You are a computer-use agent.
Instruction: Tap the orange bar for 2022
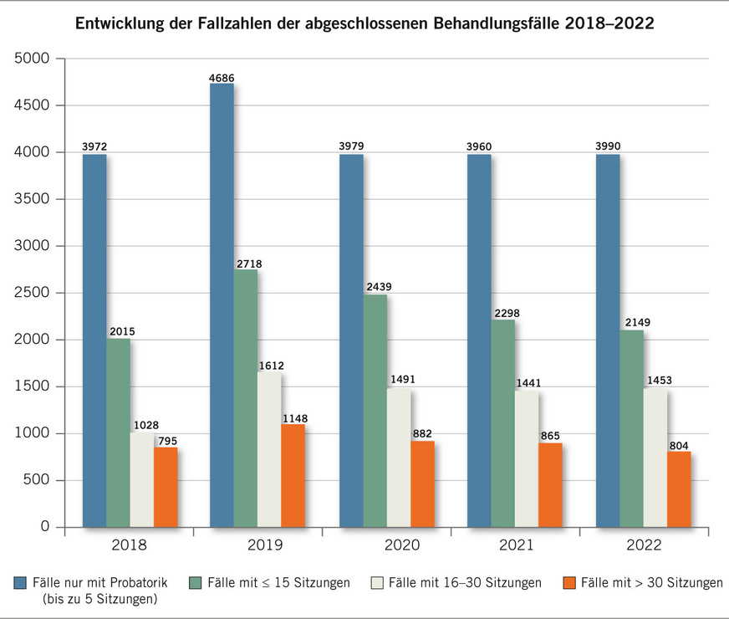(x=679, y=489)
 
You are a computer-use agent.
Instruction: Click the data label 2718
(x=249, y=263)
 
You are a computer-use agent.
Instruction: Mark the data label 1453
(x=658, y=381)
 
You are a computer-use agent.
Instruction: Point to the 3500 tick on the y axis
(x=33, y=199)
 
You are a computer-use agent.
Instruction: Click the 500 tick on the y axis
(x=38, y=480)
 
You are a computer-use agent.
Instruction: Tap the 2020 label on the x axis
(x=401, y=545)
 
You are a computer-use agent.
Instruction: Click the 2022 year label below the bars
(x=644, y=545)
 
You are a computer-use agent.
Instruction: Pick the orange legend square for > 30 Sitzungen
(x=569, y=582)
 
